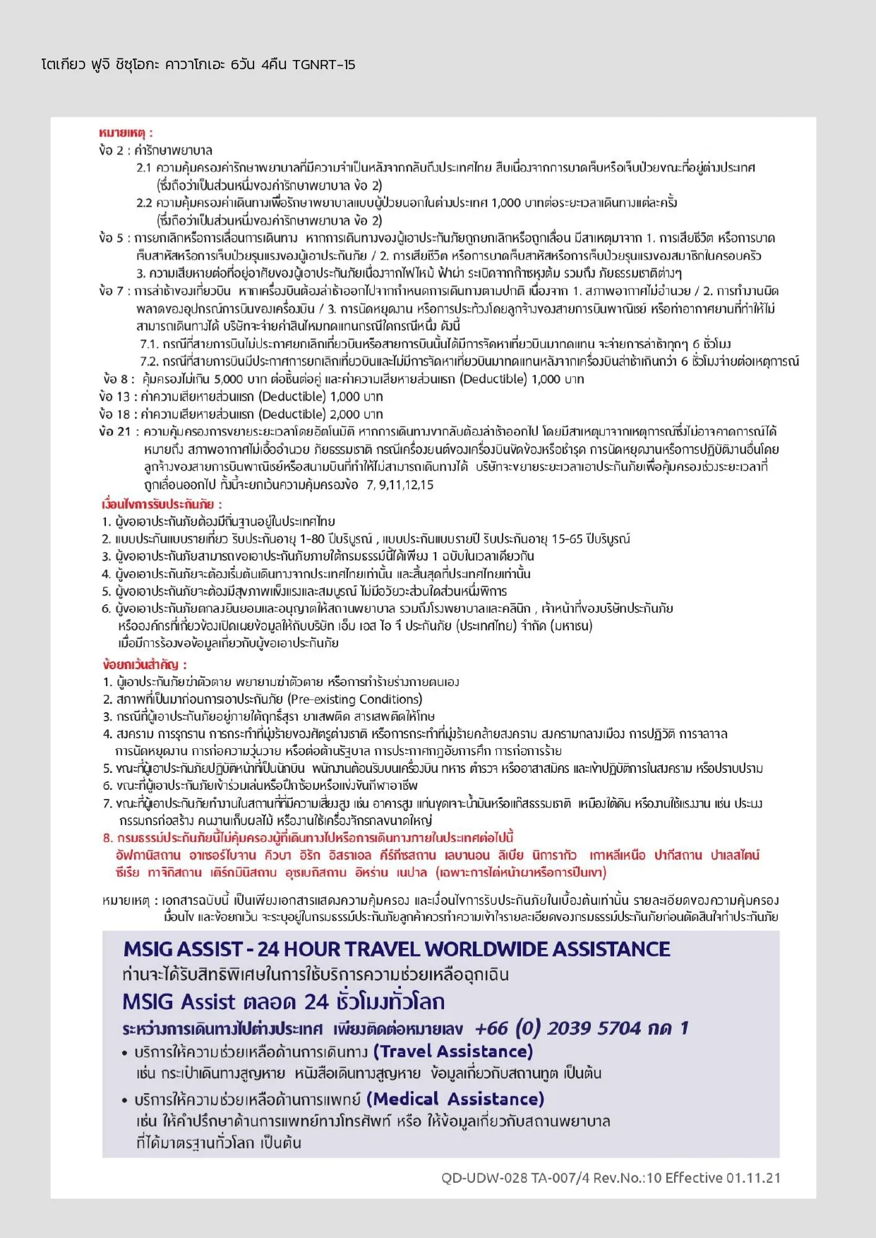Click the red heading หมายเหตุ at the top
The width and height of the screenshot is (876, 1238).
[x=122, y=133]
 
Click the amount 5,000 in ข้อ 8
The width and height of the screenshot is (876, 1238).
[x=228, y=379]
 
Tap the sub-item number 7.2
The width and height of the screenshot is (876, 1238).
[x=148, y=361]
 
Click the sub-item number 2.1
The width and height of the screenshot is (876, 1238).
[x=144, y=168]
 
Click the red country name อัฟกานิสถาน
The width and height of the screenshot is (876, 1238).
[x=148, y=855]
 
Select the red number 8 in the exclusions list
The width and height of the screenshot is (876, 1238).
[x=107, y=838]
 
